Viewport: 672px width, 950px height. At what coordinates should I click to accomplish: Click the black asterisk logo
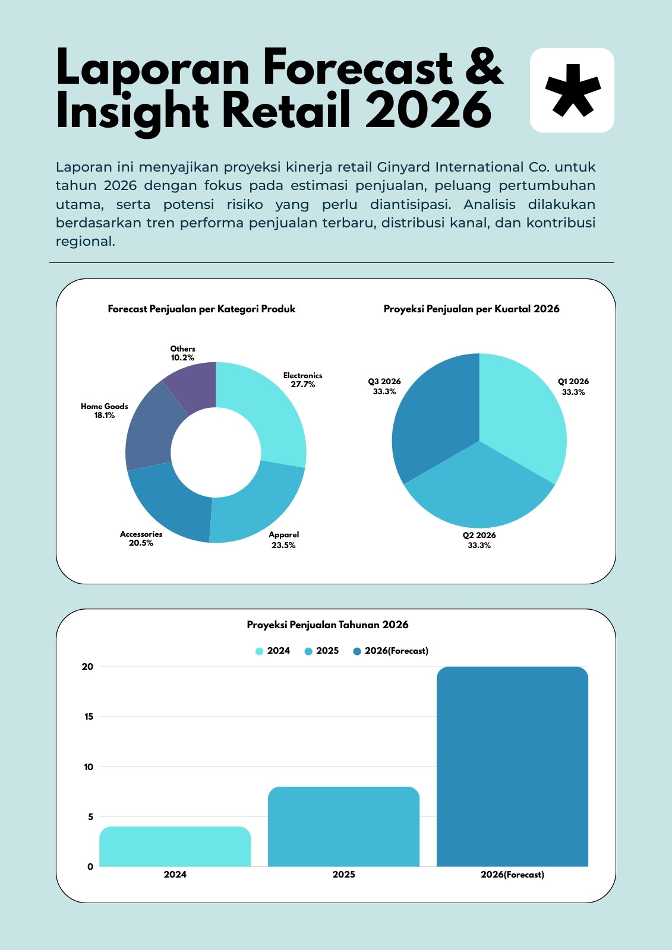pos(573,91)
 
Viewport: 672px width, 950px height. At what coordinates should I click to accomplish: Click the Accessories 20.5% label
pos(141,538)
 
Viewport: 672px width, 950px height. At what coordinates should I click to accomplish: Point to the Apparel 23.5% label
pos(283,540)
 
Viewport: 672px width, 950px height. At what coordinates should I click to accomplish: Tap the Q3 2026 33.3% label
pos(384,387)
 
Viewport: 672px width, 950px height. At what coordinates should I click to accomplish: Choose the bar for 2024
pos(175,846)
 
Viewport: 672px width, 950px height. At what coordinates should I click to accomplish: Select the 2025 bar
pos(343,826)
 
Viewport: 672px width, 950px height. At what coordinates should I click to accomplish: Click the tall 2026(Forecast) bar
pos(512,767)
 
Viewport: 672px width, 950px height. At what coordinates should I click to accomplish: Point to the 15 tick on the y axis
pos(89,716)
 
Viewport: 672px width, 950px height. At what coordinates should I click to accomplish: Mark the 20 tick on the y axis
pos(87,666)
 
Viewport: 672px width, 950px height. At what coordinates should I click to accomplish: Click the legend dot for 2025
pos(308,651)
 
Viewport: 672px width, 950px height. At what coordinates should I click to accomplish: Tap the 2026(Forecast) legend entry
pos(390,651)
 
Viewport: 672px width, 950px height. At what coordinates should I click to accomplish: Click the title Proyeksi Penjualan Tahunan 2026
pos(328,624)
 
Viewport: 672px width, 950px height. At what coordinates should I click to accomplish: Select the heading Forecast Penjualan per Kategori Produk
pos(201,309)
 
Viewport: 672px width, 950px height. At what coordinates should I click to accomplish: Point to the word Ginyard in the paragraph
pos(403,167)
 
